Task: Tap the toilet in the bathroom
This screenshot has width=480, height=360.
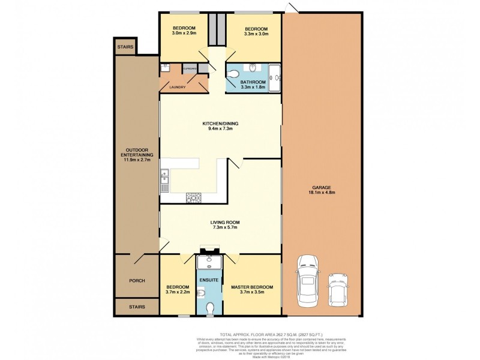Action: (235, 74)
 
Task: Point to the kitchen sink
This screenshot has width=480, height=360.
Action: (164, 178)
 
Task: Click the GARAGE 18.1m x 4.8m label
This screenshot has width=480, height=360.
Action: (323, 190)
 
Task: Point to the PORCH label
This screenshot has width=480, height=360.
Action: (137, 280)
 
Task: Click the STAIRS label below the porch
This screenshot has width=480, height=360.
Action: (137, 307)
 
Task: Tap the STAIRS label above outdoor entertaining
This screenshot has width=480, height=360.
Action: (126, 46)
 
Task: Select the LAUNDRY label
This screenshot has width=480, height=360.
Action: (177, 88)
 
